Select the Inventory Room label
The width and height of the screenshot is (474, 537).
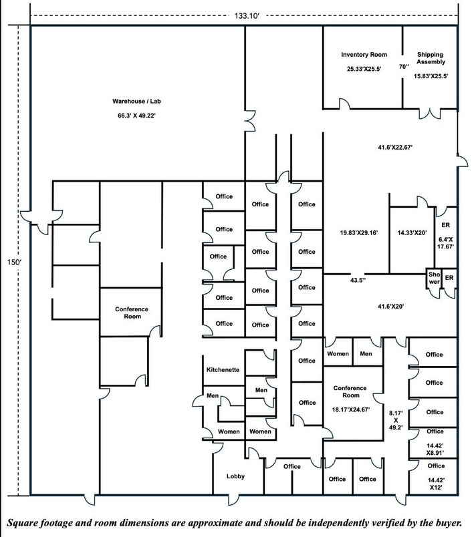coord(364,54)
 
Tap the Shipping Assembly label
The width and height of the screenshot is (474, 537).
coord(430,58)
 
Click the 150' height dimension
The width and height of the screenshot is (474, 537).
coord(13,262)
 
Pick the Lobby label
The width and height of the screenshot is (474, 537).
coord(235,476)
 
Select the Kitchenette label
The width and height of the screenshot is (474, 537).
coord(223,369)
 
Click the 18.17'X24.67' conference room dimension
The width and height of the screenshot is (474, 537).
coord(350,409)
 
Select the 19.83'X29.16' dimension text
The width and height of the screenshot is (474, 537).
coord(359,232)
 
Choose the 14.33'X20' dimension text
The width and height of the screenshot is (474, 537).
coord(411,232)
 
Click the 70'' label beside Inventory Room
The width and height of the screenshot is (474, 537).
coord(404,66)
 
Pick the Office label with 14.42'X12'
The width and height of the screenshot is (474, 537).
coord(435,466)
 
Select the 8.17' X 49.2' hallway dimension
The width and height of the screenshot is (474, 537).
coord(395,422)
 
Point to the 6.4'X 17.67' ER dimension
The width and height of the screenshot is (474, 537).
coord(445,242)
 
